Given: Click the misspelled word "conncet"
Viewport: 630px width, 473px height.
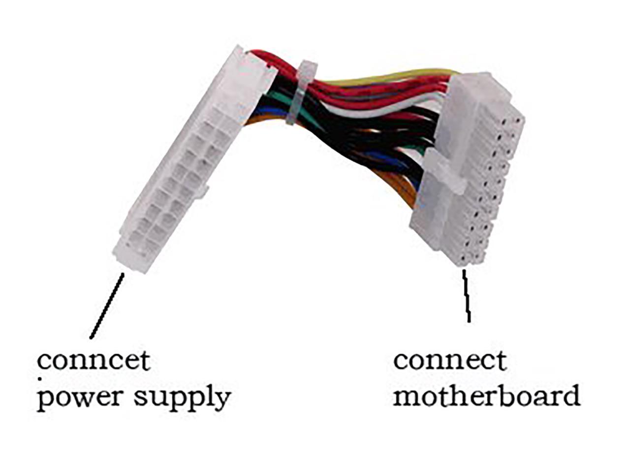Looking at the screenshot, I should [94, 361].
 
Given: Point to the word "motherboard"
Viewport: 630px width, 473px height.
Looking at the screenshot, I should [486, 396].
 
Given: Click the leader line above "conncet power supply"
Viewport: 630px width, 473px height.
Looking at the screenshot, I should [106, 305].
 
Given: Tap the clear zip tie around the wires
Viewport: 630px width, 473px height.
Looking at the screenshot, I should [300, 91].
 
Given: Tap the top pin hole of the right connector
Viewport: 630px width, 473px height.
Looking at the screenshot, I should [517, 120].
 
